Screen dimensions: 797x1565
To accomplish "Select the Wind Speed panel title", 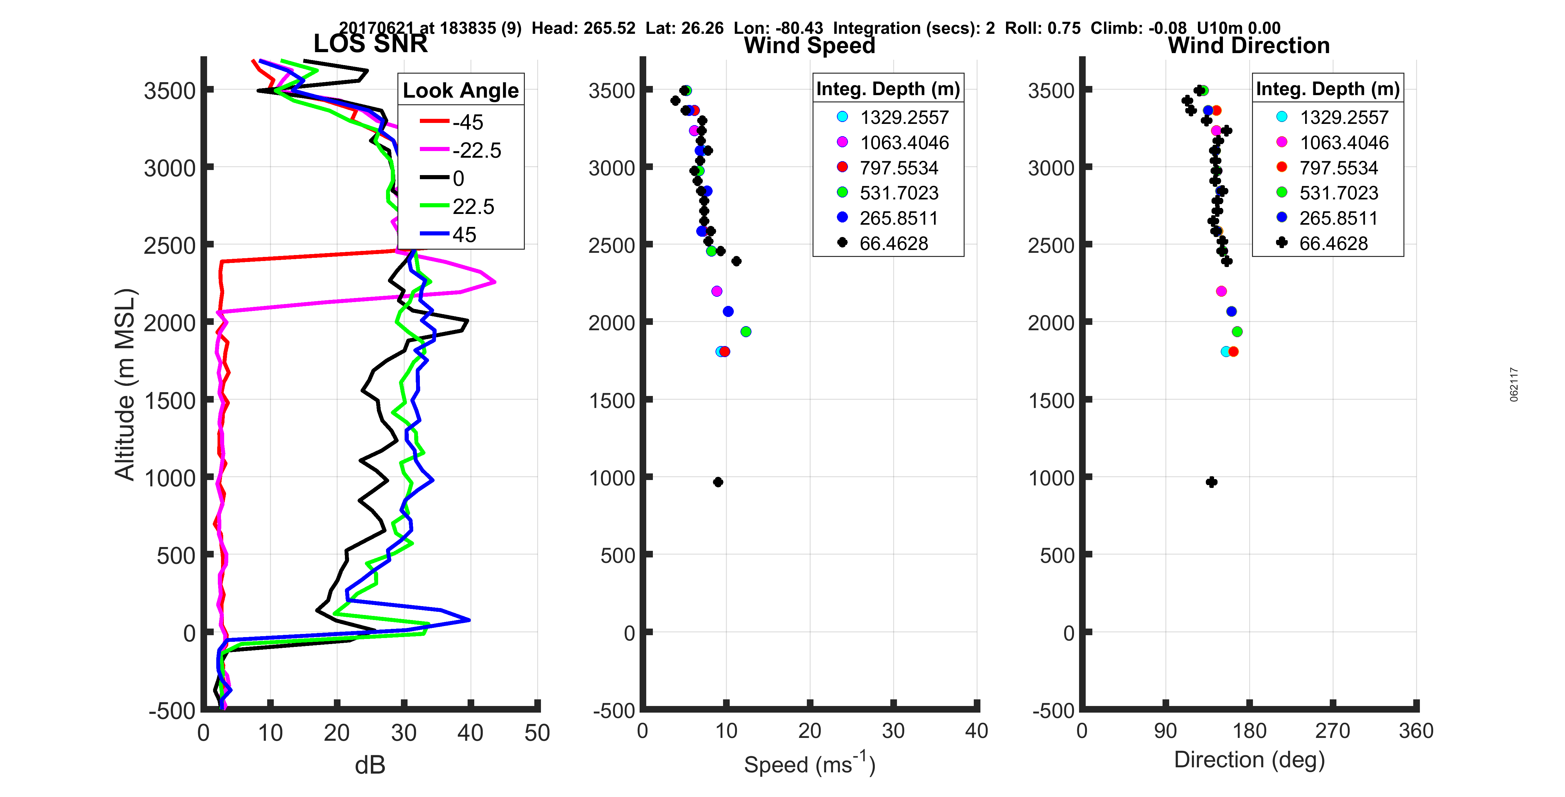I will point(809,46).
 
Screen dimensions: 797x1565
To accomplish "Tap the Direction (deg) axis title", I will point(1249,759).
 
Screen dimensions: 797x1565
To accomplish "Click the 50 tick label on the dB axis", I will point(537,733).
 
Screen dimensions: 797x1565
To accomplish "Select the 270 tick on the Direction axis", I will point(1332,731).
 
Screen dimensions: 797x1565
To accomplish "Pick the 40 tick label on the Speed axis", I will point(976,731).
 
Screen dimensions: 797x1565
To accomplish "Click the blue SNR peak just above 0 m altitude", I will point(469,620).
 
